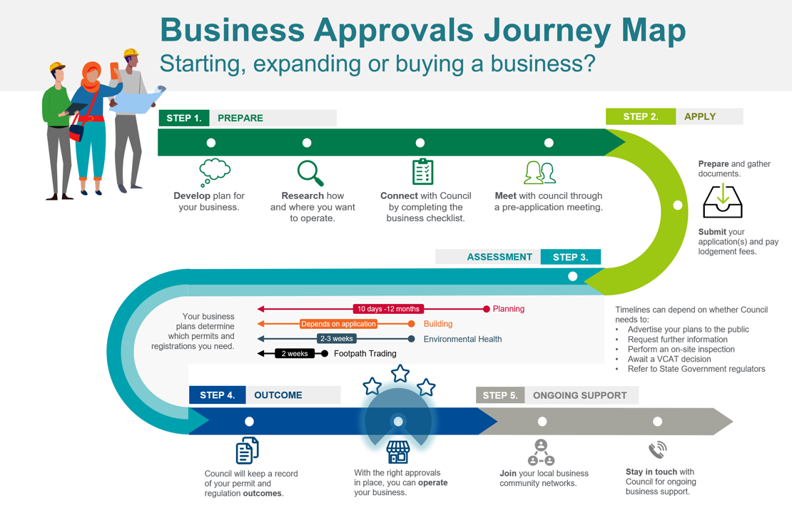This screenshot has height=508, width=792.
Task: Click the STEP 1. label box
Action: pos(184,118)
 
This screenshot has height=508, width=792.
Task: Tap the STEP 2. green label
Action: pos(640,116)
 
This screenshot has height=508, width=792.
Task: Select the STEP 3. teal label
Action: pos(570,257)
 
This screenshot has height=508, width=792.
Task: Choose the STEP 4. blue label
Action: pos(217,395)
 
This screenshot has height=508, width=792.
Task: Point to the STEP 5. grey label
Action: pos(499,395)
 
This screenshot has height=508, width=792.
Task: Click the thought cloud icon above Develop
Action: pos(214,172)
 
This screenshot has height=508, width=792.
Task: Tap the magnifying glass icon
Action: pos(310,173)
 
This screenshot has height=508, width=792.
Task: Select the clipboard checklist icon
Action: pos(422,172)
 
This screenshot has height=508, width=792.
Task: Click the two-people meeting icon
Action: pos(539,173)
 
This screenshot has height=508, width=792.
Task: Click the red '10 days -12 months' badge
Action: pos(388,309)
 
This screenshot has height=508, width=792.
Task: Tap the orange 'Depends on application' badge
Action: pos(338,324)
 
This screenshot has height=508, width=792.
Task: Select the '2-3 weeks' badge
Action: pos(336,339)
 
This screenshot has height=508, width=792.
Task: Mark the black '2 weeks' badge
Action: pos(295,354)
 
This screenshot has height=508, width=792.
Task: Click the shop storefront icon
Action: pos(398,452)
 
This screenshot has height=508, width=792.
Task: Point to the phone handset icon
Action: pos(657,449)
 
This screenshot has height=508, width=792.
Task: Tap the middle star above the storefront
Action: pos(400,373)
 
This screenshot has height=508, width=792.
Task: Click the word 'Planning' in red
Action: pos(509,309)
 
